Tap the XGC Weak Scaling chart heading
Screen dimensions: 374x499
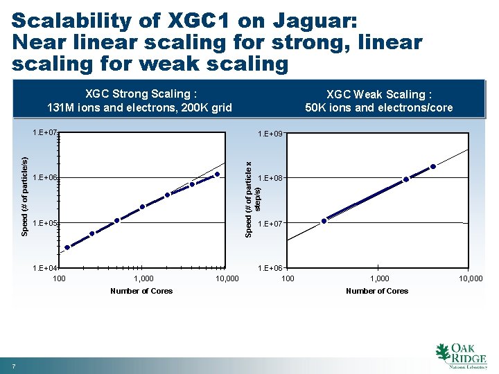coord(378,101)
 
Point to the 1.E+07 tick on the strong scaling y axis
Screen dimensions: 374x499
coord(45,132)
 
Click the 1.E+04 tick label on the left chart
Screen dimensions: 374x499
coord(45,268)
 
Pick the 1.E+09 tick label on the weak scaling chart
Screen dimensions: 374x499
coord(270,133)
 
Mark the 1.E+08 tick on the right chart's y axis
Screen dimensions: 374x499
coord(270,179)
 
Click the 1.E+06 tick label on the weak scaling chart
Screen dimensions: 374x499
coord(270,268)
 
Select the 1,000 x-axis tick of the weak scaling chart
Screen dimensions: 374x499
coord(379,278)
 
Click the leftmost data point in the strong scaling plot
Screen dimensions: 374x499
coord(67,247)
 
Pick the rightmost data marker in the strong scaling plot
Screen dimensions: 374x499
coord(217,175)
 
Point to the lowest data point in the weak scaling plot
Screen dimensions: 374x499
coord(324,221)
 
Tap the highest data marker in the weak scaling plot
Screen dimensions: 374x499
coord(433,166)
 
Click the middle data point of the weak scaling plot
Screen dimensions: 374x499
coord(406,179)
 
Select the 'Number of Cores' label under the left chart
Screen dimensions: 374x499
coord(141,291)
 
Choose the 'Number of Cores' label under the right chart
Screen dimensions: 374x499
coord(377,291)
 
